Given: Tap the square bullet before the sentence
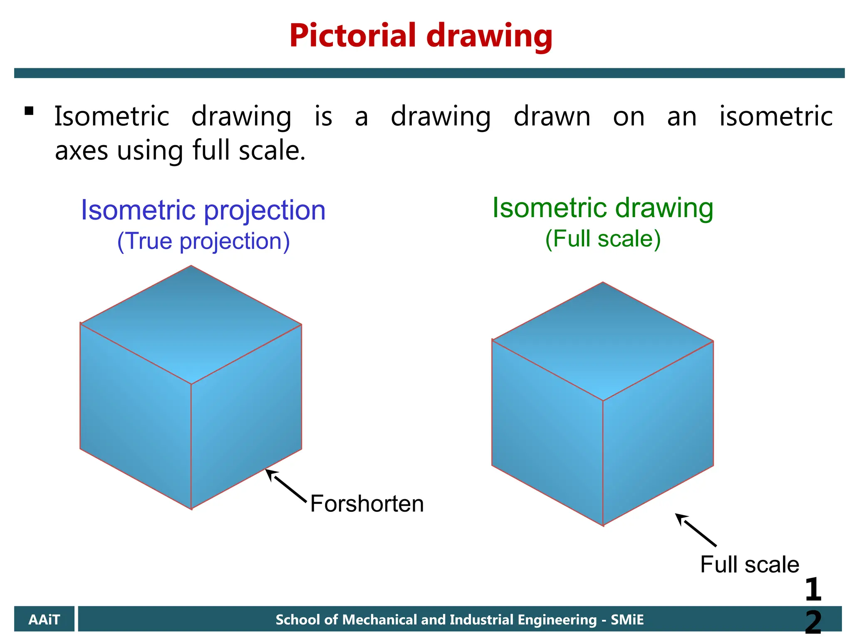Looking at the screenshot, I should point(29,111).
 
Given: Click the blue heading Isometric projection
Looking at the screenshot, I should point(203,210).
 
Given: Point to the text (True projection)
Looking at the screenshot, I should point(203,241).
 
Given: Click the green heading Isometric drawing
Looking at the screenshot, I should point(602,208).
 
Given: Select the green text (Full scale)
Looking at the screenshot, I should point(602,239).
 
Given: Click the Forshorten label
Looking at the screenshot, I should point(367,504).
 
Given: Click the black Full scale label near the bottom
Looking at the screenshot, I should point(749,565).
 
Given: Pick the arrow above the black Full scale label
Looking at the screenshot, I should point(696,530).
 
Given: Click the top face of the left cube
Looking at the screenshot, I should point(191,324).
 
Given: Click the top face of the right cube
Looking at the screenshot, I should point(602,341).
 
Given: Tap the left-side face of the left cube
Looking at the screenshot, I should point(135,416).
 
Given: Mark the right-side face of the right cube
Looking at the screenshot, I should point(658,433).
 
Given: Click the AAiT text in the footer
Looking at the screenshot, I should point(44,620).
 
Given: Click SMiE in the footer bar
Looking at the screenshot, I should point(627,620).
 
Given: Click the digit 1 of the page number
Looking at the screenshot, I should point(812,589).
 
